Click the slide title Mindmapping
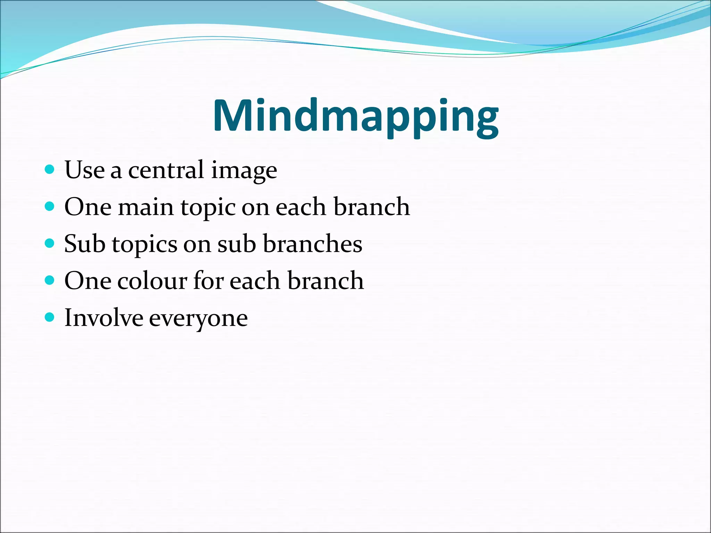(x=355, y=116)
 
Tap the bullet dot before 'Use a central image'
(x=50, y=170)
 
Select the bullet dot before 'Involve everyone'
(x=50, y=317)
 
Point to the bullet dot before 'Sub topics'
(x=50, y=243)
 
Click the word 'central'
(x=166, y=170)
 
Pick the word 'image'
(x=244, y=171)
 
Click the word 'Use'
(x=84, y=170)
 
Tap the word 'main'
(x=145, y=207)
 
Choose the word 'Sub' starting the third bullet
(x=84, y=244)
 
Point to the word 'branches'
(x=312, y=244)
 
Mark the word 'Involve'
(x=103, y=318)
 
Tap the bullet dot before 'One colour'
(x=50, y=280)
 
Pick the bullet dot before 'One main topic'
(x=50, y=206)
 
